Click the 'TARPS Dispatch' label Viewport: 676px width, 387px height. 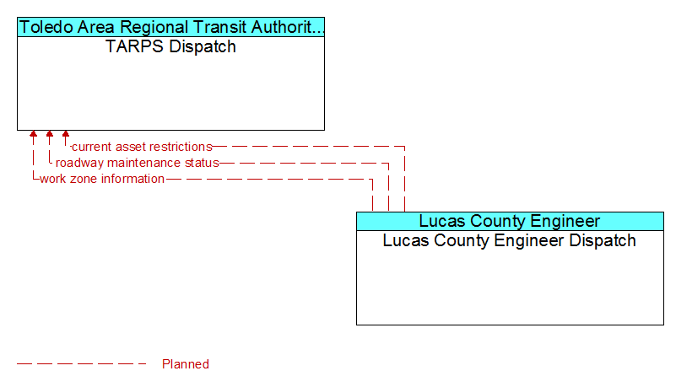[x=170, y=46]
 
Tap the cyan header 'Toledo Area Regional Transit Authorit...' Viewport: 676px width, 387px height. [x=170, y=27]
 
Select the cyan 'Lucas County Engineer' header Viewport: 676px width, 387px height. [x=510, y=221]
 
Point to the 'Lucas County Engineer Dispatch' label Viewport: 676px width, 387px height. [x=510, y=240]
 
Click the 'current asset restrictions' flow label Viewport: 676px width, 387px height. [x=142, y=147]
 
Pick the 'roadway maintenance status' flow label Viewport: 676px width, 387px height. [x=137, y=163]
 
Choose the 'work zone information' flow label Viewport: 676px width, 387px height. [x=102, y=179]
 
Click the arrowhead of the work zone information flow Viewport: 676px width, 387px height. [x=33, y=134]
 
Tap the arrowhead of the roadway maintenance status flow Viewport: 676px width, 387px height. [x=50, y=134]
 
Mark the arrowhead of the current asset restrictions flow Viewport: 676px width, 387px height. [x=66, y=134]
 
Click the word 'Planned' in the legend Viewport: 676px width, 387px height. [x=186, y=364]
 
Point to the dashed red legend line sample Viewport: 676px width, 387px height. [x=82, y=364]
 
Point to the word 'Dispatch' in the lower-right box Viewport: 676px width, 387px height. [x=603, y=240]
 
